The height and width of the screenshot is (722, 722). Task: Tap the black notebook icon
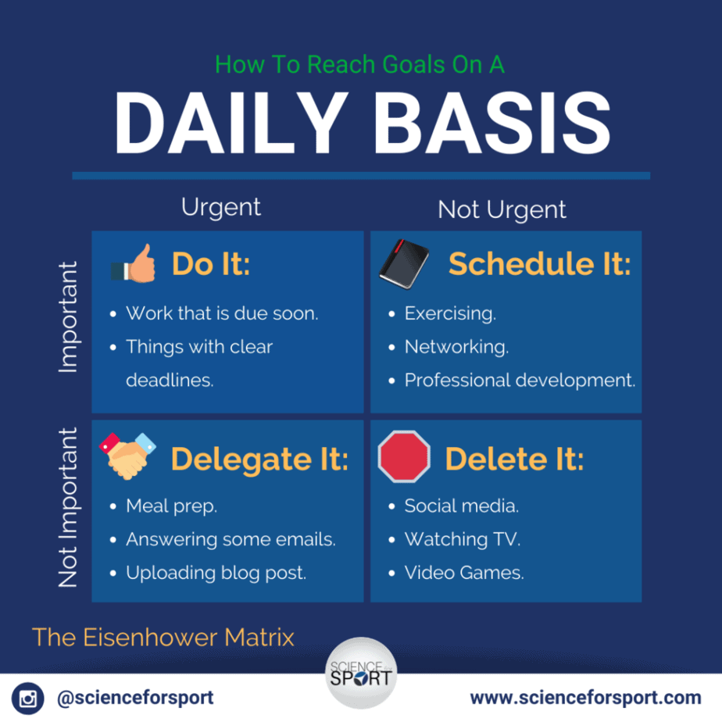(x=404, y=264)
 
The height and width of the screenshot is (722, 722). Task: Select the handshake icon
(x=127, y=456)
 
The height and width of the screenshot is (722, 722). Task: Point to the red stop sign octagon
(x=404, y=456)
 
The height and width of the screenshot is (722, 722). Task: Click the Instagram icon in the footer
(x=27, y=698)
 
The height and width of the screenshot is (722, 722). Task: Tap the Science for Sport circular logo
(x=361, y=673)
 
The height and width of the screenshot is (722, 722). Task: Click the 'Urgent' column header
(x=221, y=208)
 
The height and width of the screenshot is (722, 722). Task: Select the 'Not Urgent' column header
(x=502, y=209)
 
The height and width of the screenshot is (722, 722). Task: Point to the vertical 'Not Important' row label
(x=68, y=507)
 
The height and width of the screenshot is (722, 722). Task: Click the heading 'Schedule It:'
(x=540, y=264)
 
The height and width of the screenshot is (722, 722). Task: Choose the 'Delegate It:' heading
(x=259, y=459)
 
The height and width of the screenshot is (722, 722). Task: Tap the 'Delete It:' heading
(x=514, y=459)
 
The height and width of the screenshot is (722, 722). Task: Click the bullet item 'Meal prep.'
(x=171, y=506)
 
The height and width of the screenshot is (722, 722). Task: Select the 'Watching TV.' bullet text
(x=463, y=539)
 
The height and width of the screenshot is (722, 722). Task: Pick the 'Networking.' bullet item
(x=456, y=347)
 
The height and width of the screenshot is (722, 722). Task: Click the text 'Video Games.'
(x=464, y=573)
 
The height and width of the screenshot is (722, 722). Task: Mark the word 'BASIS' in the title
(x=492, y=123)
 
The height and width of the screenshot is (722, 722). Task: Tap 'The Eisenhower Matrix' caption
(x=163, y=638)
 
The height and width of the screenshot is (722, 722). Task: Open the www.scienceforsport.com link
(x=586, y=698)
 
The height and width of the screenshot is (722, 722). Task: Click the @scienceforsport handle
(x=135, y=698)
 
